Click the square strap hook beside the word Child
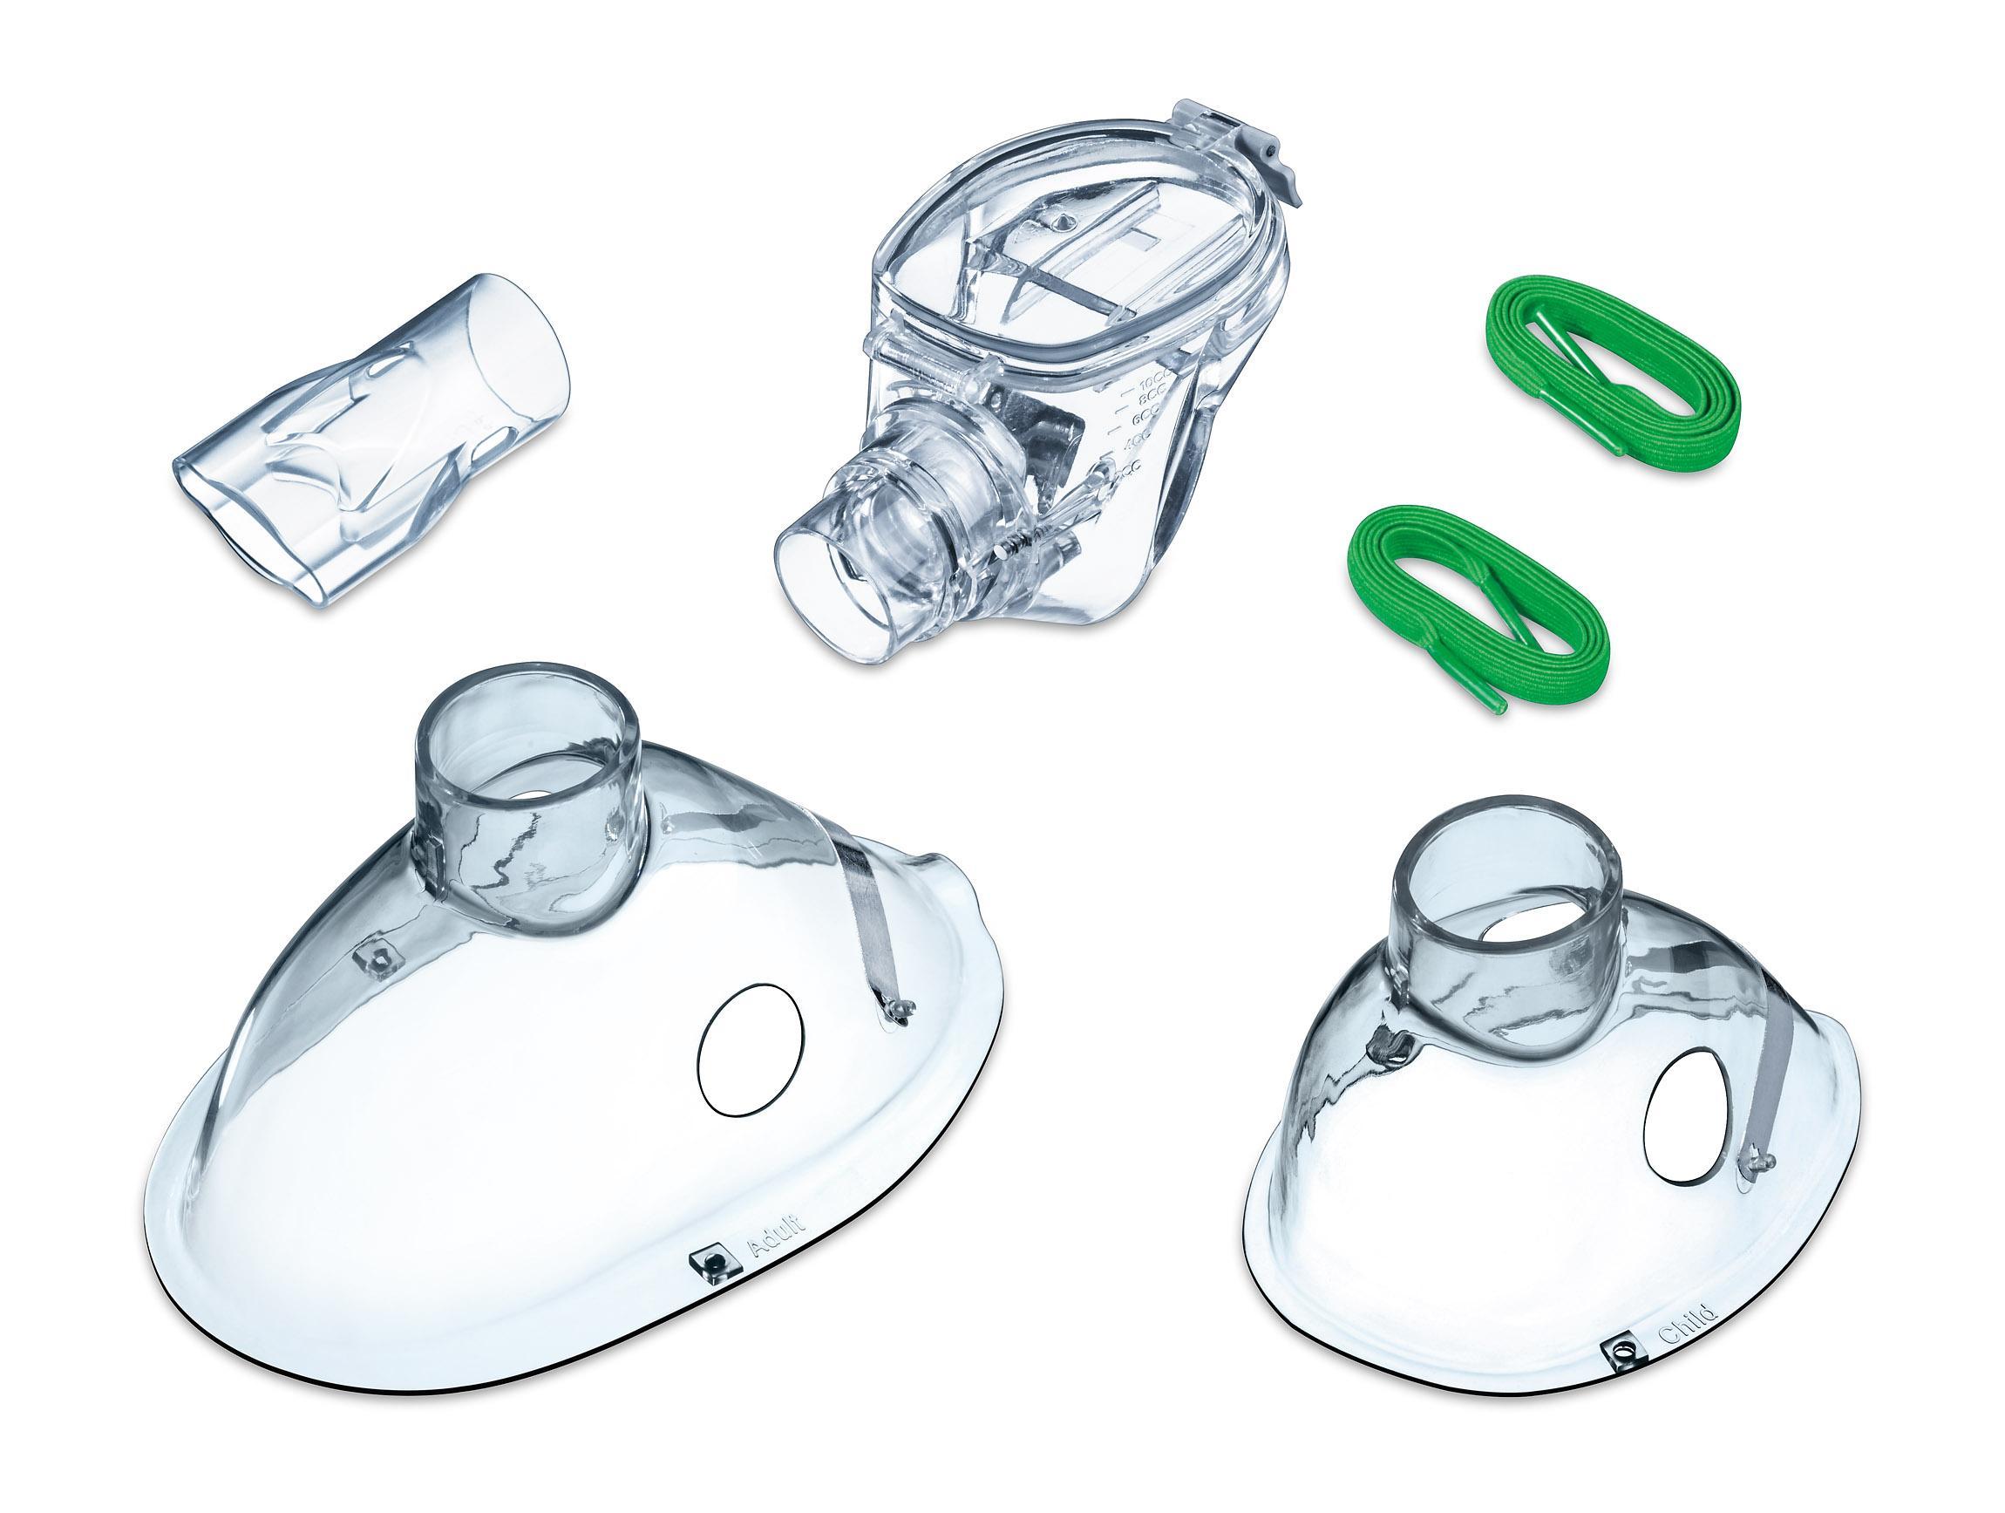click(1615, 1376)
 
